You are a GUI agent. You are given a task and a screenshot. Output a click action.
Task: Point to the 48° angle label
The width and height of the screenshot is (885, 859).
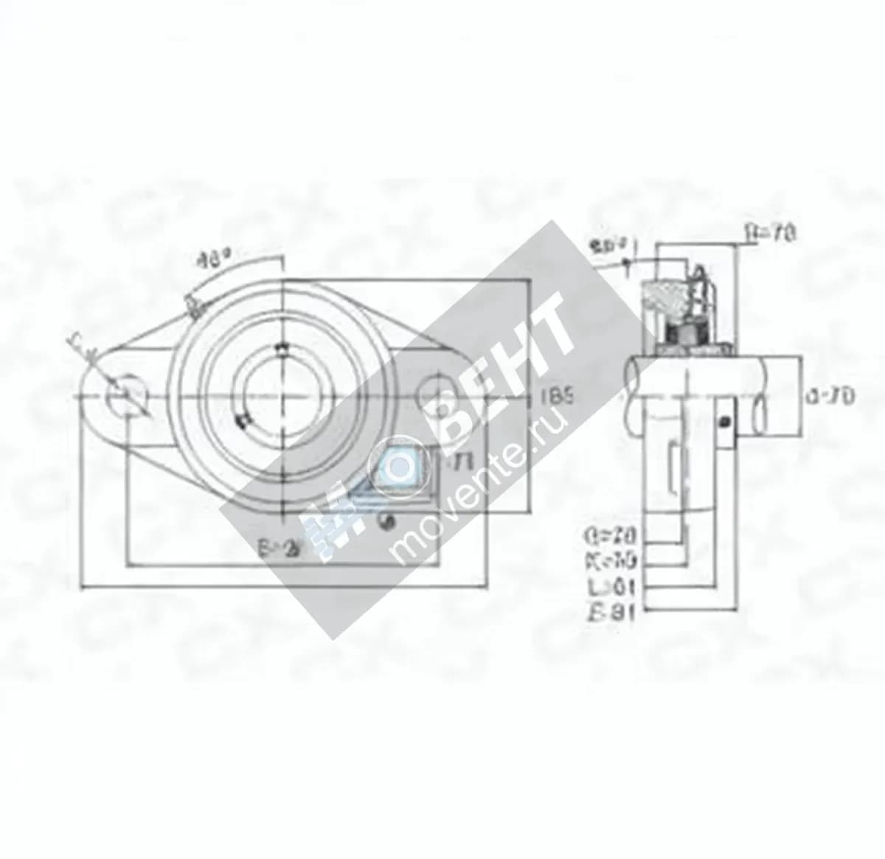214,260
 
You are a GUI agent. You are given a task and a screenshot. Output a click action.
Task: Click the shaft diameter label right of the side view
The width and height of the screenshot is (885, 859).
830,397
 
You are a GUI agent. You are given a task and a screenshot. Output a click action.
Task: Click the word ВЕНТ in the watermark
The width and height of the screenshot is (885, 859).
502,369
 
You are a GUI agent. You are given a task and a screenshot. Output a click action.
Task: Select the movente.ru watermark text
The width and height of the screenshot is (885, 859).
479,487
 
